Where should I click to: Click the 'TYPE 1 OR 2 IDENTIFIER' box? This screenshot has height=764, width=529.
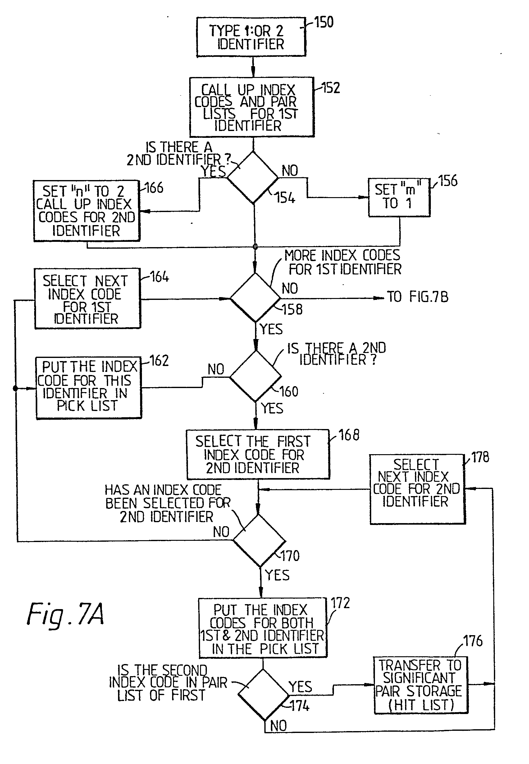[x=251, y=37]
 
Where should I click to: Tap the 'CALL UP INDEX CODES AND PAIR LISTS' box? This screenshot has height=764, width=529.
[x=252, y=107]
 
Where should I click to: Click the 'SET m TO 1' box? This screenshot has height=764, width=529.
[x=399, y=197]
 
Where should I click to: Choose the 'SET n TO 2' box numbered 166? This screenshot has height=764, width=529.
[x=86, y=210]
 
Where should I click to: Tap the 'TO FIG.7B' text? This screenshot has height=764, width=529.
[x=417, y=297]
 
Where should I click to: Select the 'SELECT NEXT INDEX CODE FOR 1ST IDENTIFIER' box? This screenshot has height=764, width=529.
[x=88, y=299]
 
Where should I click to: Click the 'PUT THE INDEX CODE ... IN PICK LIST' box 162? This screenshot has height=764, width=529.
[x=89, y=388]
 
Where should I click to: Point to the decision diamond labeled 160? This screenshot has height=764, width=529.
[x=256, y=377]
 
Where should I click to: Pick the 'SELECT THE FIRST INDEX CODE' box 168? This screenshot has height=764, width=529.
[x=258, y=454]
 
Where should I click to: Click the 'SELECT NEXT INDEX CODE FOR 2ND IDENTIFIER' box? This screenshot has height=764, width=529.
[x=417, y=489]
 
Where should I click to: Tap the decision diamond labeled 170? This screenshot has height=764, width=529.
[x=259, y=541]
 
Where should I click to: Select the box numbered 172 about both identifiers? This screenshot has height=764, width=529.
[x=262, y=628]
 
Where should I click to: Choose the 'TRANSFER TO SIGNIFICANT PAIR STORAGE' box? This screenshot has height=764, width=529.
[x=420, y=685]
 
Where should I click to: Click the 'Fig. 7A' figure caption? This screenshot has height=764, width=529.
[x=65, y=615]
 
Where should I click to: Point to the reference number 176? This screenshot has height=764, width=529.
[x=473, y=641]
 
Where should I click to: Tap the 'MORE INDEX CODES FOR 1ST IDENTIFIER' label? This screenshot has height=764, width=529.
[x=343, y=262]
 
